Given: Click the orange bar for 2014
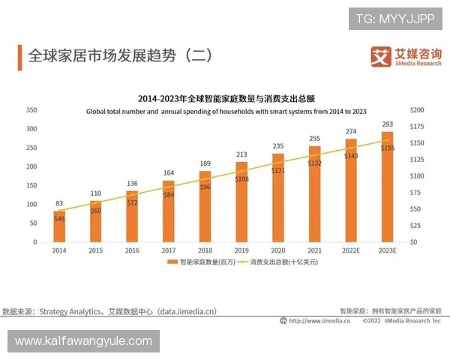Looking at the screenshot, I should pyautogui.click(x=58, y=226).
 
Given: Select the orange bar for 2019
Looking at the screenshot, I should pyautogui.click(x=241, y=202).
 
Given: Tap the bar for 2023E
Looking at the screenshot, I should pyautogui.click(x=387, y=187).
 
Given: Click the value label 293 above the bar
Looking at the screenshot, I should pyautogui.click(x=387, y=124).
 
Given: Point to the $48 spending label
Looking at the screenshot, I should pyautogui.click(x=58, y=218).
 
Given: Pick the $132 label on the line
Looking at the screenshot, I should pyautogui.click(x=315, y=163).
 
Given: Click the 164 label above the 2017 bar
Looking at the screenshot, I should pyautogui.click(x=168, y=173).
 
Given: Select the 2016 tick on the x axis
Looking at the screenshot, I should pyautogui.click(x=131, y=250).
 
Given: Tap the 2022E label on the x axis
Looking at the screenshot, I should pyautogui.click(x=350, y=250).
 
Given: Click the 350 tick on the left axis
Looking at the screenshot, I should pyautogui.click(x=31, y=110).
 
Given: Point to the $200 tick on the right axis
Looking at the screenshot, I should pyautogui.click(x=418, y=110).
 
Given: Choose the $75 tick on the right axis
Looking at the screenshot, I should pyautogui.click(x=416, y=193).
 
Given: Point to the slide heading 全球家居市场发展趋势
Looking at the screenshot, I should pyautogui.click(x=116, y=55).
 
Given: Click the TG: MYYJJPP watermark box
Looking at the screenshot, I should pyautogui.click(x=394, y=18).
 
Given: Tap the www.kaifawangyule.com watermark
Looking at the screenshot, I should pyautogui.click(x=83, y=341).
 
